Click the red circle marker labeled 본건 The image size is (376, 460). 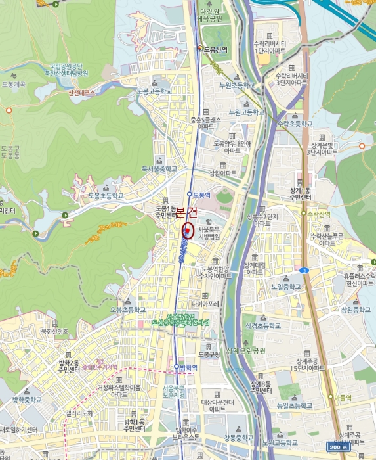186,229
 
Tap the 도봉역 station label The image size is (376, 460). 200,195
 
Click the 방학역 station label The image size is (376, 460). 187,367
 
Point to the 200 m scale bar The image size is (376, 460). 338,447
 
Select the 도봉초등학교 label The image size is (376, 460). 106,196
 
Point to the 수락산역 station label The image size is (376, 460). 314,214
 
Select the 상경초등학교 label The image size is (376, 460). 262,325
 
